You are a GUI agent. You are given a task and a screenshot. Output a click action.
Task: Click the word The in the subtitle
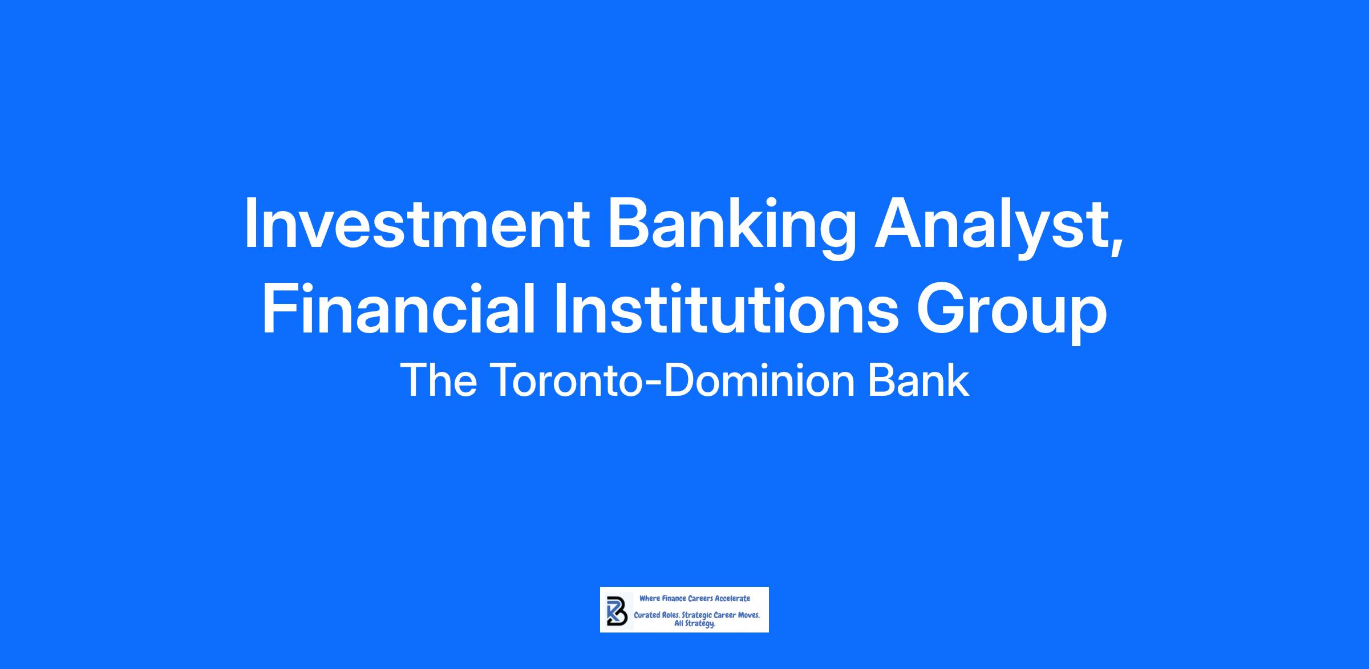pyautogui.click(x=439, y=380)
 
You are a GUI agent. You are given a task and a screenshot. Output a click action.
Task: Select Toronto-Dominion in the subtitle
pyautogui.click(x=673, y=380)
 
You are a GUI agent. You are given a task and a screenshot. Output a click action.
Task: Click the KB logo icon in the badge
pyautogui.click(x=617, y=610)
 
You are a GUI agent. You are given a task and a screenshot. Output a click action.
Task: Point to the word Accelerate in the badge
pyautogui.click(x=732, y=598)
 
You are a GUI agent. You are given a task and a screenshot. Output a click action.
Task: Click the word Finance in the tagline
pyautogui.click(x=674, y=598)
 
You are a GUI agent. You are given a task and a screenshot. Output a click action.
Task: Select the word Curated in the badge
pyautogui.click(x=647, y=616)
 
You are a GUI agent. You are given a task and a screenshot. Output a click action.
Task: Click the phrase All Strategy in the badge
pyautogui.click(x=695, y=624)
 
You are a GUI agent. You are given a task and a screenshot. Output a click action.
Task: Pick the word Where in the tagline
pyautogui.click(x=649, y=598)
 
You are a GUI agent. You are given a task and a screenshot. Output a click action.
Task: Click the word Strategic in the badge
pyautogui.click(x=696, y=617)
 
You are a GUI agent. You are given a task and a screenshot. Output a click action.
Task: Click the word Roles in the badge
pyautogui.click(x=671, y=616)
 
